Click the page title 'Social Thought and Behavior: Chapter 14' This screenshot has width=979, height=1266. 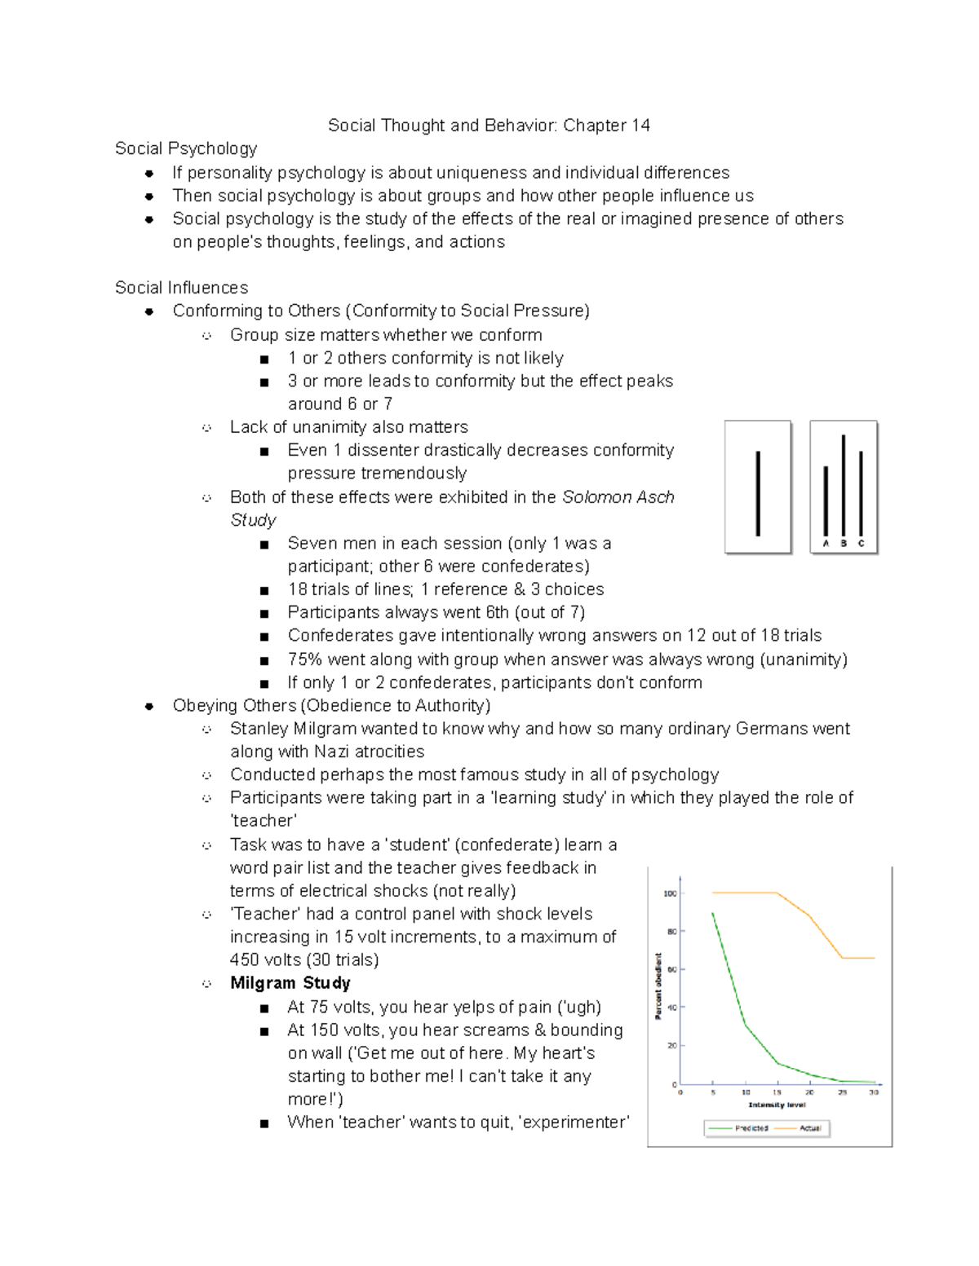tap(489, 126)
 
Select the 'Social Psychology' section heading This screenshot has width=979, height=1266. tap(186, 148)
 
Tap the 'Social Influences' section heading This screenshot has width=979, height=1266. tap(181, 288)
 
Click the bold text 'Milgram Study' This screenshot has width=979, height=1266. tap(290, 983)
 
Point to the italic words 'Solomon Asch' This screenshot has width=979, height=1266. tap(618, 497)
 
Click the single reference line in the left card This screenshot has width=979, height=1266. tap(758, 493)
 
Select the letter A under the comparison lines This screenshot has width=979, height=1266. tap(826, 544)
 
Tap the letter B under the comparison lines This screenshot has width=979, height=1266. tap(844, 544)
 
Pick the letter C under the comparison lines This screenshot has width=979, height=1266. tap(861, 544)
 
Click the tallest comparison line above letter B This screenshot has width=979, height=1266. tap(844, 485)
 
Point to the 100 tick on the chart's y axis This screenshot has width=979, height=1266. tap(670, 893)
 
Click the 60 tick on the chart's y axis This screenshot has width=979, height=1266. tap(672, 970)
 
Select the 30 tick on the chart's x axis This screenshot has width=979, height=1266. tap(874, 1092)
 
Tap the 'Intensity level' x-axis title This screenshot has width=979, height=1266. tap(777, 1105)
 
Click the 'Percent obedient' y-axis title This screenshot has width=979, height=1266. tap(658, 986)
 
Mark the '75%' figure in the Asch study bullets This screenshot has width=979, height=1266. tap(305, 659)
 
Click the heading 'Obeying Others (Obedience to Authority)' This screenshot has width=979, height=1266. tap(331, 706)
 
